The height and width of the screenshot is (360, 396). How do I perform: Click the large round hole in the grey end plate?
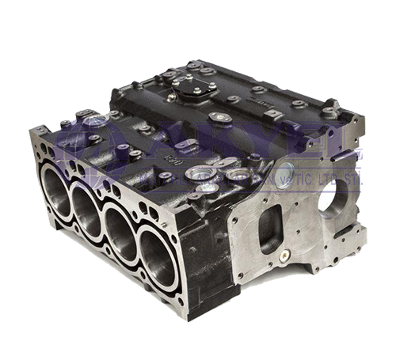(332, 195)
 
